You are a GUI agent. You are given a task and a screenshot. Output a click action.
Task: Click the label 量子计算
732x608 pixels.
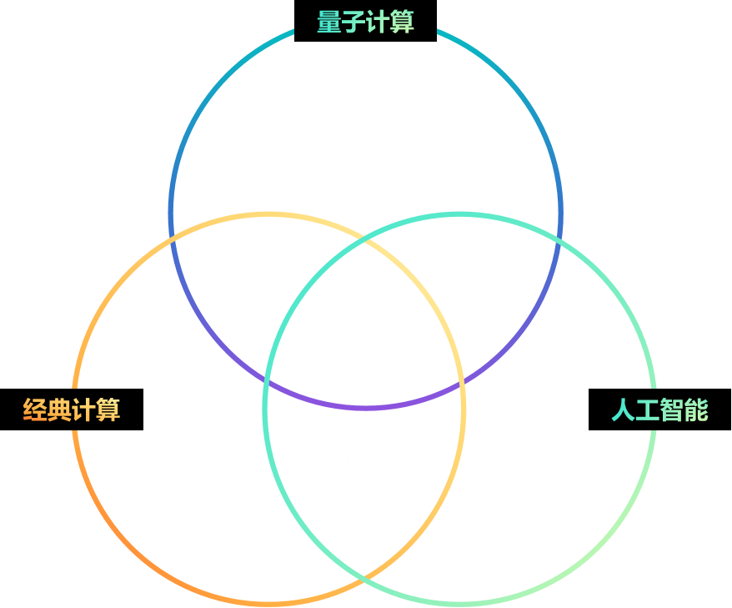click(365, 23)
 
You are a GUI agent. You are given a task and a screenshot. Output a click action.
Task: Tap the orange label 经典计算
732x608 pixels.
click(72, 410)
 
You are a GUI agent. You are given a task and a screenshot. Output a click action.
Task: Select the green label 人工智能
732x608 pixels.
click(659, 410)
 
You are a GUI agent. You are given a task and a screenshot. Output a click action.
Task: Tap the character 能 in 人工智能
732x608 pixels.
click(696, 410)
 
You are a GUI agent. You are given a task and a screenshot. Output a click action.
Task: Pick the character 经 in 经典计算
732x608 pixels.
click(35, 410)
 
